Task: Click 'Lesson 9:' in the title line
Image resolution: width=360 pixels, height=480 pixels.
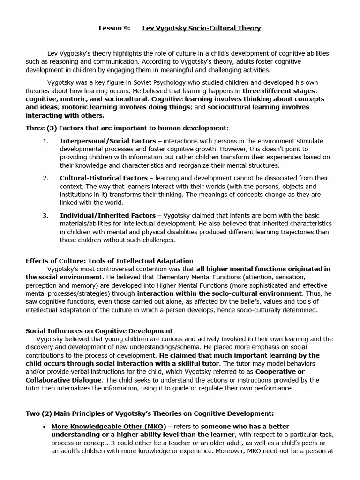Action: click(114, 28)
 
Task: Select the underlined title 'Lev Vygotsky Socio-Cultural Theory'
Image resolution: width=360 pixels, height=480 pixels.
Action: click(202, 28)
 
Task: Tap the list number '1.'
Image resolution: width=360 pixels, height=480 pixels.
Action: click(45, 141)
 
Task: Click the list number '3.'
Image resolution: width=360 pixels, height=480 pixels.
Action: click(45, 216)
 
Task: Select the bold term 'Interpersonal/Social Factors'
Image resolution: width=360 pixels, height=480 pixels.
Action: click(104, 141)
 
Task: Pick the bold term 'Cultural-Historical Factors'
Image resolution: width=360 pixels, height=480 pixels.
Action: click(103, 178)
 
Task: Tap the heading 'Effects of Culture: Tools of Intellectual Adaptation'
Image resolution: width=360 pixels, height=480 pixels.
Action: click(109, 261)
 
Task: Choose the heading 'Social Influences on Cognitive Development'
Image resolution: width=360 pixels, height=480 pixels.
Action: click(99, 331)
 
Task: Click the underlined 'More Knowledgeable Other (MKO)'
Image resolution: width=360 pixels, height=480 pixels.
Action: click(108, 426)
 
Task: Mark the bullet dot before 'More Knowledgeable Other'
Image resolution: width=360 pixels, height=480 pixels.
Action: click(44, 427)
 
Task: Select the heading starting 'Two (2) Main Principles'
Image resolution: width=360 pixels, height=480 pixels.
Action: click(150, 413)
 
